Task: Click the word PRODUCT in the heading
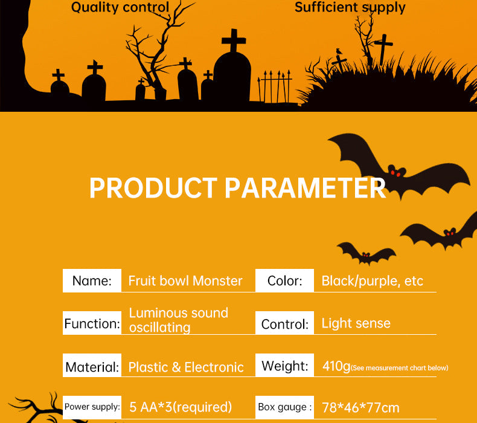153,188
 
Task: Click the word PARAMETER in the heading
306,188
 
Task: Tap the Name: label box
92,280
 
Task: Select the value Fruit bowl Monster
185,281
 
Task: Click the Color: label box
284,280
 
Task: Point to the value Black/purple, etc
373,281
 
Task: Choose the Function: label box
92,323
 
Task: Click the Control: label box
284,323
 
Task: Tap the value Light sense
356,323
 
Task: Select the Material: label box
92,366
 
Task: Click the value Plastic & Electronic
186,367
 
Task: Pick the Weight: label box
284,366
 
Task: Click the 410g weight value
336,366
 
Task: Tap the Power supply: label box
92,407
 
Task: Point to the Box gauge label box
284,407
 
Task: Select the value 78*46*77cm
360,408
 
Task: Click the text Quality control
120,8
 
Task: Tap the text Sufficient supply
350,8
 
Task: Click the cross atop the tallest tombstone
234,40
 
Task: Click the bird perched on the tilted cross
339,51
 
